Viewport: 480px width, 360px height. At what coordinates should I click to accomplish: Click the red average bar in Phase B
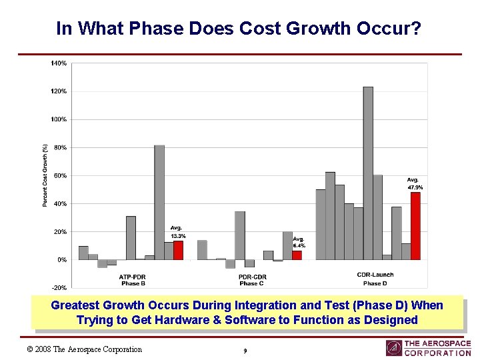(178, 250)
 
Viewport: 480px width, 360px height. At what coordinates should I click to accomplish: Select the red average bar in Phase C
(297, 255)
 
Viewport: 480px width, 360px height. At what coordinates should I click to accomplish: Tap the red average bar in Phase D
(415, 225)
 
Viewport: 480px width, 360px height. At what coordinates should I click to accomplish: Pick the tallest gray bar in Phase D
(368, 173)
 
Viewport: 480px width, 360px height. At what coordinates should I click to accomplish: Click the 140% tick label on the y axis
(59, 63)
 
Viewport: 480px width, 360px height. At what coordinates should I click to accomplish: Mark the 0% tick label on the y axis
(61, 259)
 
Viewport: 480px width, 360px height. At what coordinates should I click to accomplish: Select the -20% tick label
(59, 287)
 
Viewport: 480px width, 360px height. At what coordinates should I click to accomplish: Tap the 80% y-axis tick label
(60, 147)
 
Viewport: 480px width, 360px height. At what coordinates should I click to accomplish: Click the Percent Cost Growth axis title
(45, 175)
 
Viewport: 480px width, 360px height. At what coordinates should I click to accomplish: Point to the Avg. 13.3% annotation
(177, 232)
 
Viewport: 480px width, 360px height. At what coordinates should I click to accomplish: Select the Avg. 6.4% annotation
(299, 242)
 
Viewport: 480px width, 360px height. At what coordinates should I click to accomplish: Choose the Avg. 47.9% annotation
(415, 183)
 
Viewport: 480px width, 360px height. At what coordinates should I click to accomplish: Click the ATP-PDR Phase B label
(133, 280)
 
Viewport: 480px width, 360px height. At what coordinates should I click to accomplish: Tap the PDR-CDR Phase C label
(253, 280)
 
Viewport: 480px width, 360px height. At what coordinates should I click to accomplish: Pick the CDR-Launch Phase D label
(375, 279)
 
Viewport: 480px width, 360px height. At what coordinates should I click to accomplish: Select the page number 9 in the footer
(245, 350)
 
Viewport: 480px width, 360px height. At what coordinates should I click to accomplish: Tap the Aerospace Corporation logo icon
(393, 348)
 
